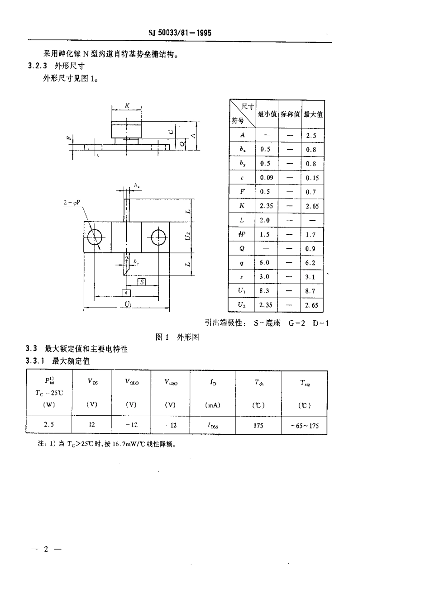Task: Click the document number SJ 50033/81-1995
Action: pyautogui.click(x=180, y=33)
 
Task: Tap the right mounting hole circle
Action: pyautogui.click(x=157, y=236)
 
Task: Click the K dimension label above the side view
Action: pyautogui.click(x=127, y=105)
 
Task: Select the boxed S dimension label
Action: pyautogui.click(x=142, y=282)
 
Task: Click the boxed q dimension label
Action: pyautogui.click(x=126, y=293)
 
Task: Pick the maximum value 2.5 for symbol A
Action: pyautogui.click(x=311, y=135)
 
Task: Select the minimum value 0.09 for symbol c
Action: pyautogui.click(x=266, y=178)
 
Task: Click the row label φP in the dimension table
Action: pyautogui.click(x=242, y=234)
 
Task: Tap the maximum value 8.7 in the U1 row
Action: pyautogui.click(x=311, y=291)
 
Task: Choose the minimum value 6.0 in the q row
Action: pyautogui.click(x=265, y=262)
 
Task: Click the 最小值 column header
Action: pyautogui.click(x=267, y=114)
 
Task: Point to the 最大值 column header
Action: pyautogui.click(x=313, y=114)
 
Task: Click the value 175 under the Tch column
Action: pyautogui.click(x=258, y=426)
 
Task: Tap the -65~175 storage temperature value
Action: pyautogui.click(x=304, y=426)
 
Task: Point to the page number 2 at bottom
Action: pyautogui.click(x=46, y=550)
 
